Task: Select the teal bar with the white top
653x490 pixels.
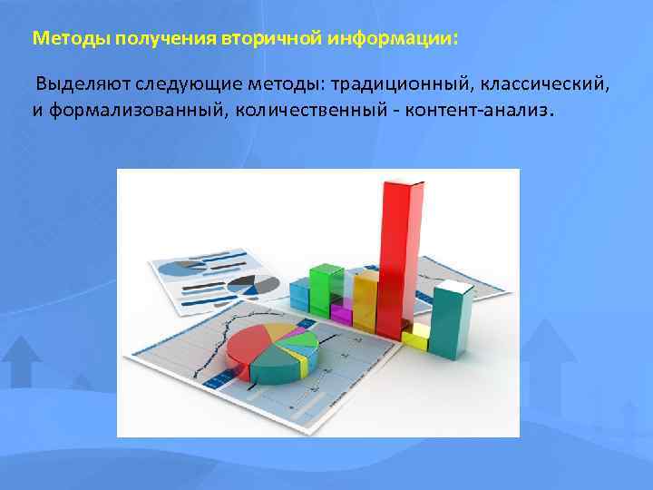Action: click(451, 322)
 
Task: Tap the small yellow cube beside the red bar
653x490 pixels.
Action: click(415, 339)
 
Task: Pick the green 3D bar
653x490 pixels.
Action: click(324, 289)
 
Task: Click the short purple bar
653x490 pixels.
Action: click(342, 314)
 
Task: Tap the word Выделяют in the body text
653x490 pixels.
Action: click(83, 85)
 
